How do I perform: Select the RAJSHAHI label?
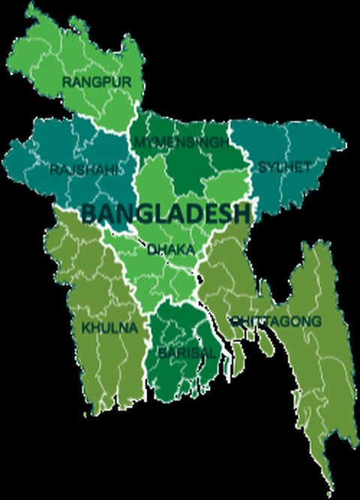pyautogui.click(x=83, y=170)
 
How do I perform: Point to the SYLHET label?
pyautogui.click(x=283, y=167)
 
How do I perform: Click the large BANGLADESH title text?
pyautogui.click(x=165, y=213)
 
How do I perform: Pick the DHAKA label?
pyautogui.click(x=171, y=248)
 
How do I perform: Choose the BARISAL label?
pyautogui.click(x=185, y=351)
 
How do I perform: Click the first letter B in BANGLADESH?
pyautogui.click(x=88, y=213)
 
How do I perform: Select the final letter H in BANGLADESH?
pyautogui.click(x=241, y=213)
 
